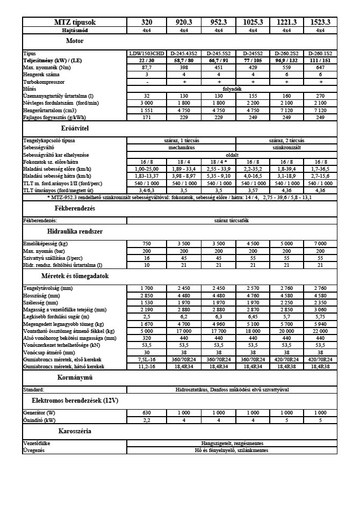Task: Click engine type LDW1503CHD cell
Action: (147, 54)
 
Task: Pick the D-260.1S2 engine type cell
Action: (320, 54)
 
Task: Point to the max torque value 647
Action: (320, 68)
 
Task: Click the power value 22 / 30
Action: (147, 61)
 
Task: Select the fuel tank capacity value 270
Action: (320, 96)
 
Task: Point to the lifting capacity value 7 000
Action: (320, 244)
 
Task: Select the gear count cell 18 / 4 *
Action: (219, 161)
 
